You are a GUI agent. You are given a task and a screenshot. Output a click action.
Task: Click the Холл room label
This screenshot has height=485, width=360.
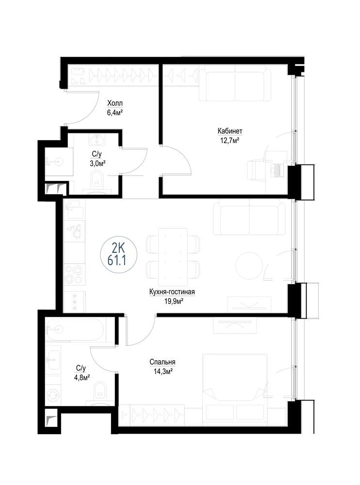[115, 103]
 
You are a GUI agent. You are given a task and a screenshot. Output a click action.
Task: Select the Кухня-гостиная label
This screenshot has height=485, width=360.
[172, 291]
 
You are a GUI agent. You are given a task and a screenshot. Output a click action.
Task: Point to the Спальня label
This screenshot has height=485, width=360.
[162, 362]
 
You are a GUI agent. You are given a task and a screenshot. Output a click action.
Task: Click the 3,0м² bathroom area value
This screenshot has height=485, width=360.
[96, 163]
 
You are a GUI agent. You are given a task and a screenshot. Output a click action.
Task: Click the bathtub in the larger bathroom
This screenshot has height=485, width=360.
[76, 329]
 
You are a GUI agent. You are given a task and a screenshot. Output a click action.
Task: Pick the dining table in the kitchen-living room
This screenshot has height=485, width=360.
[173, 257]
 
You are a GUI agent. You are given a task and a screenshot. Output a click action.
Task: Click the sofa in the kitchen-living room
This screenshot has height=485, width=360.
[250, 217]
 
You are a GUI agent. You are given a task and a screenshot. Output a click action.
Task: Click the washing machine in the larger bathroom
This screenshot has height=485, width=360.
[53, 395]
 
